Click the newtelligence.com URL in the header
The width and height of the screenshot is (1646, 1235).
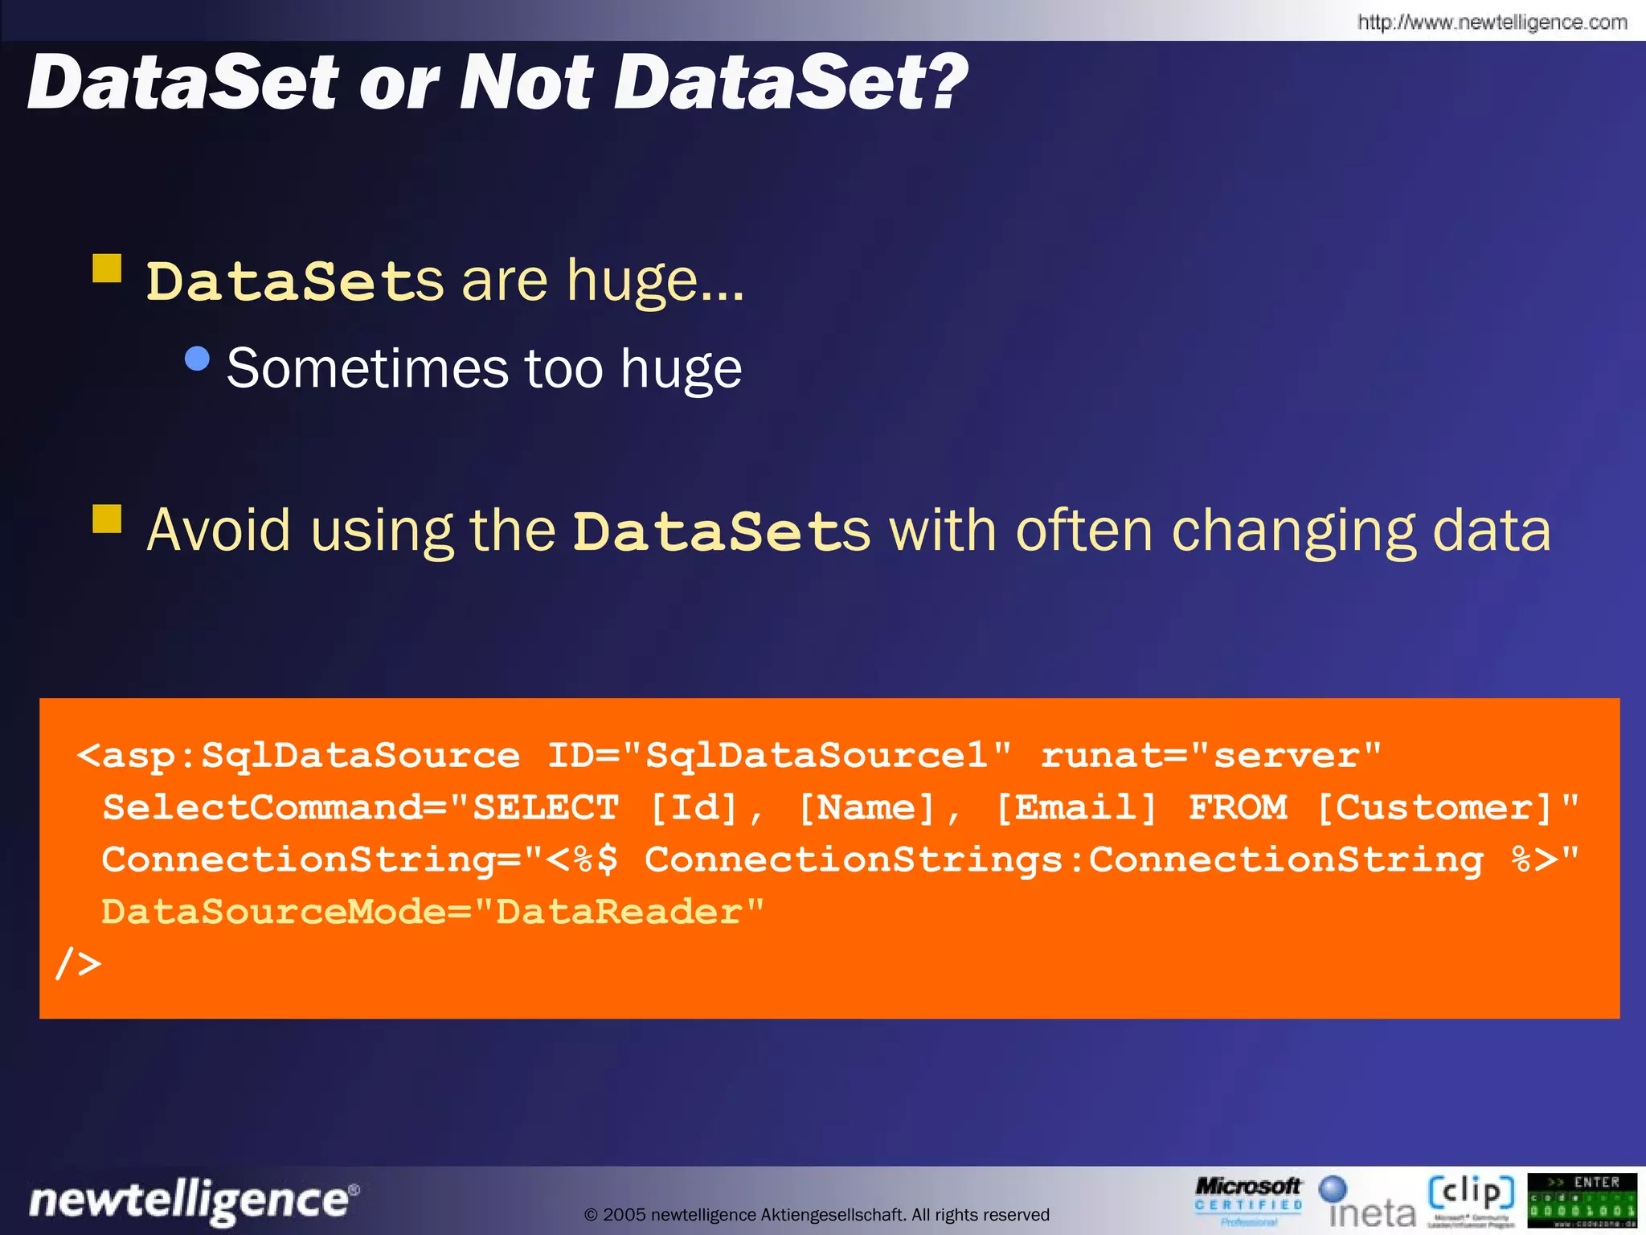pyautogui.click(x=1492, y=22)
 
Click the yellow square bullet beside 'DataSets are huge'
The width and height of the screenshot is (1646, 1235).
pyautogui.click(x=107, y=269)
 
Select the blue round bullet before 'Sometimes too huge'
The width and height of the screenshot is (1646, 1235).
pyautogui.click(x=197, y=358)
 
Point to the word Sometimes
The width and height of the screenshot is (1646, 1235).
pyautogui.click(x=366, y=368)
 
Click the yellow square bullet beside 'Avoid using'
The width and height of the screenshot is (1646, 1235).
pyautogui.click(x=107, y=519)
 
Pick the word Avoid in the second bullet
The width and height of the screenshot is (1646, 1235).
pyautogui.click(x=219, y=530)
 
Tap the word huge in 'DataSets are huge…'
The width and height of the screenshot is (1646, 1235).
pyautogui.click(x=633, y=281)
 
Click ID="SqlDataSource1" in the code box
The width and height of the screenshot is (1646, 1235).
pyautogui.click(x=779, y=756)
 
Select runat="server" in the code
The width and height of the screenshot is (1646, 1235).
pyautogui.click(x=1210, y=756)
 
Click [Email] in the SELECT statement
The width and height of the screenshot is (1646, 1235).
pyautogui.click(x=1076, y=807)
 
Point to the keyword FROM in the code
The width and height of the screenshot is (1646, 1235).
pyautogui.click(x=1238, y=807)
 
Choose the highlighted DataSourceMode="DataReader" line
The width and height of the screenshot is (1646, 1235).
pyautogui.click(x=432, y=912)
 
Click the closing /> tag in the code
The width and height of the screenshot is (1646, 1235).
pyautogui.click(x=79, y=962)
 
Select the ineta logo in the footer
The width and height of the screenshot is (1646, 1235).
pyautogui.click(x=1369, y=1203)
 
